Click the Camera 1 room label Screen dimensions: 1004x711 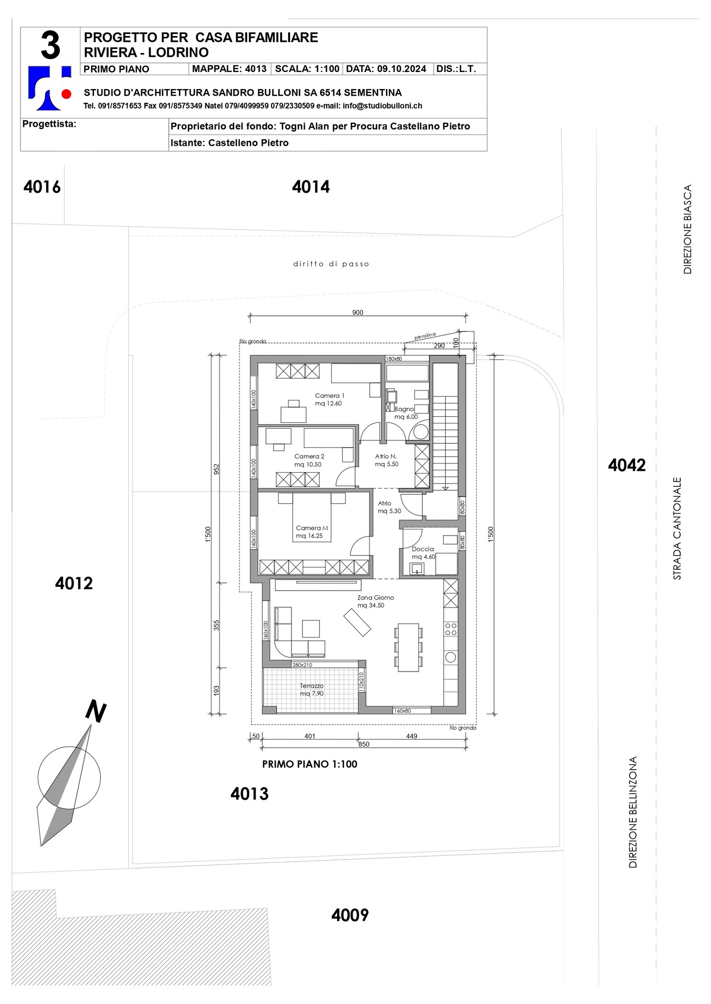pyautogui.click(x=329, y=399)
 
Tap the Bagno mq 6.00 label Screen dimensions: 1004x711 pyautogui.click(x=406, y=412)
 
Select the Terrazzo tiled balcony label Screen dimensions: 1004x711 pyautogui.click(x=311, y=690)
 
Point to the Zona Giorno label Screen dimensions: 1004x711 pyautogui.click(x=375, y=601)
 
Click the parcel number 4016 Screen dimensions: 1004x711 pyautogui.click(x=42, y=187)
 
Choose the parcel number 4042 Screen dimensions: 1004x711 pyautogui.click(x=627, y=465)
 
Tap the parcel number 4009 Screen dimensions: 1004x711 pyautogui.click(x=350, y=915)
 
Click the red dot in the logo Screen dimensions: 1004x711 pyautogui.click(x=66, y=94)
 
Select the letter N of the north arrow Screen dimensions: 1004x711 pyautogui.click(x=96, y=712)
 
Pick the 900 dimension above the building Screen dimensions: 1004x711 pyautogui.click(x=358, y=312)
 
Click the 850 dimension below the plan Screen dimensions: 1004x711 pyautogui.click(x=364, y=744)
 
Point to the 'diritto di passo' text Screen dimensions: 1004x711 pyautogui.click(x=331, y=264)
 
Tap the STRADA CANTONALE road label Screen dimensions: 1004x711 pyautogui.click(x=677, y=528)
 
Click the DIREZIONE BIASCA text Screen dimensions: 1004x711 pyautogui.click(x=687, y=229)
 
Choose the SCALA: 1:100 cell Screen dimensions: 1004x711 pyautogui.click(x=307, y=69)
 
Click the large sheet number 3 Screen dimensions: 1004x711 pyautogui.click(x=50, y=46)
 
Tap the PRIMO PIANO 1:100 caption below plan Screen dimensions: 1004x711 pyautogui.click(x=310, y=764)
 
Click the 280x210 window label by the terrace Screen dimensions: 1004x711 pyautogui.click(x=302, y=665)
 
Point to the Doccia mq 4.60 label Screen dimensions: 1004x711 pyautogui.click(x=423, y=553)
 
